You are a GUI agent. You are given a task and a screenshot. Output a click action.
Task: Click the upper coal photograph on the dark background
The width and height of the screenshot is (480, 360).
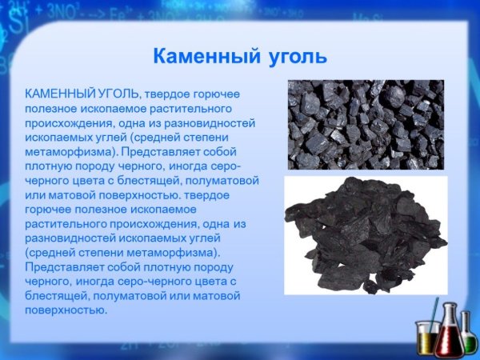click(x=365, y=123)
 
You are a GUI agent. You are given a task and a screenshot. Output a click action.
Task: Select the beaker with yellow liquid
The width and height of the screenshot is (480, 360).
click(x=426, y=336)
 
